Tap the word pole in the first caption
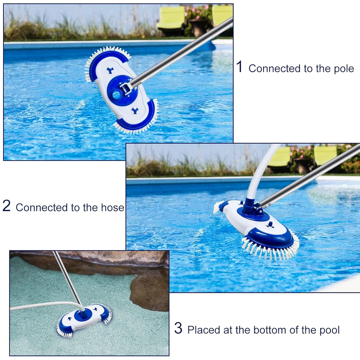[344, 69]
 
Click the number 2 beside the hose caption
[6, 205]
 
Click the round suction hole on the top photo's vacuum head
[116, 95]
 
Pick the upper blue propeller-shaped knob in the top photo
[110, 70]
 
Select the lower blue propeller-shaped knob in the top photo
[135, 111]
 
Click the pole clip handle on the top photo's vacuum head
[126, 88]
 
